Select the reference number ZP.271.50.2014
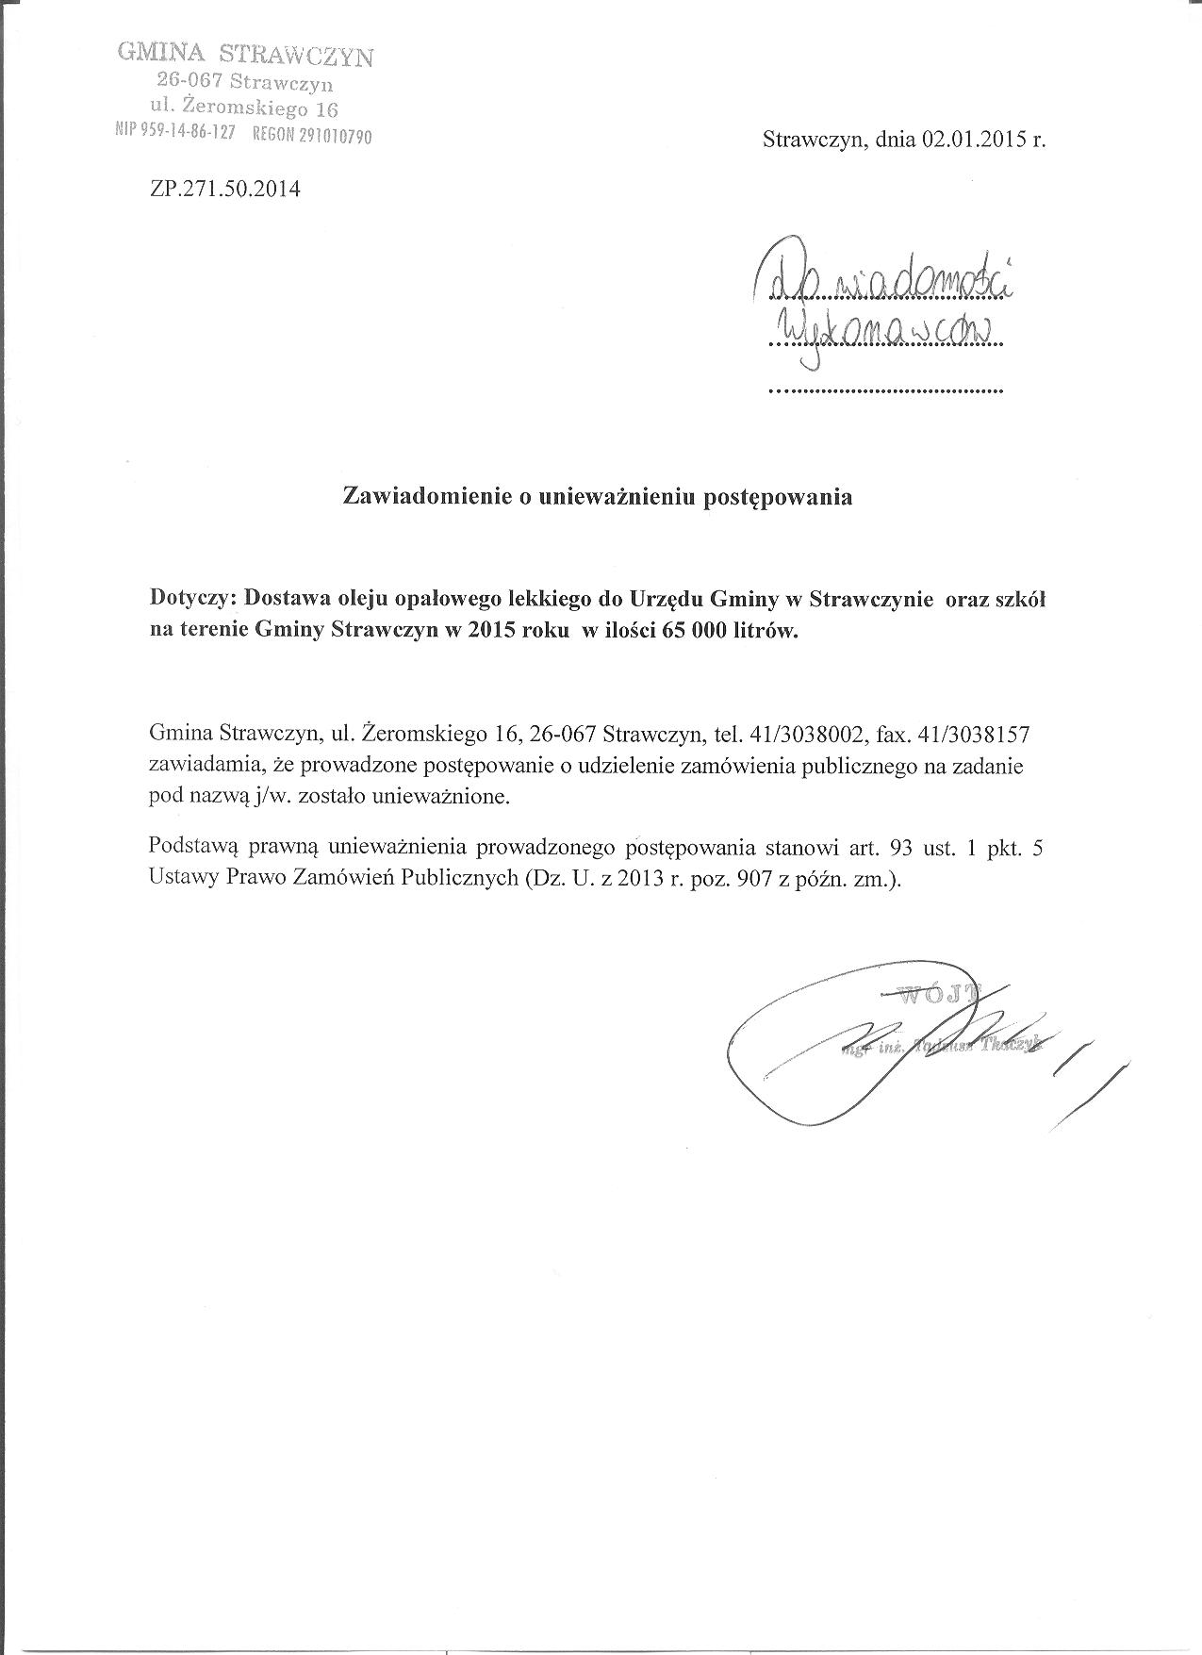224,189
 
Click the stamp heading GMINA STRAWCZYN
245,53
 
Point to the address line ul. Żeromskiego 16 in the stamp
244,107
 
